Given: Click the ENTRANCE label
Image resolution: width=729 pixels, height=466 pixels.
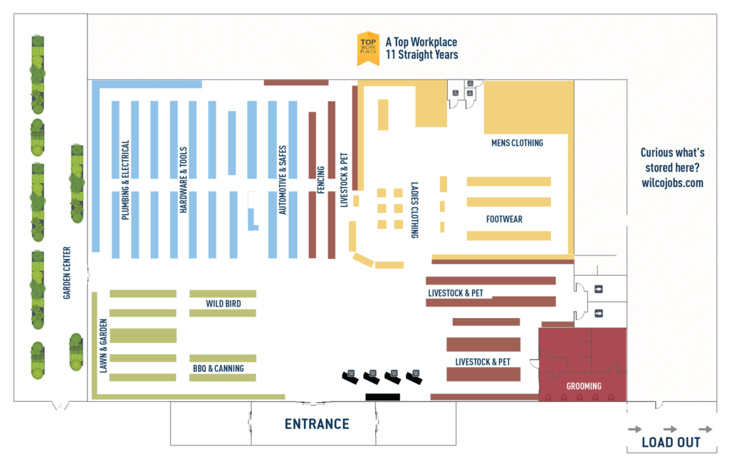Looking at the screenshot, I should pyautogui.click(x=317, y=424).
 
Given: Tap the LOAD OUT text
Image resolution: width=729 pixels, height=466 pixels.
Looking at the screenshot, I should pyautogui.click(x=671, y=442).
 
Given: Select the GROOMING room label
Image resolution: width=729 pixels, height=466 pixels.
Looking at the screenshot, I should pyautogui.click(x=584, y=386).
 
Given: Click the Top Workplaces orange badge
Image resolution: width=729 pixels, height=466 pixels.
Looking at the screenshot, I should pyautogui.click(x=367, y=48).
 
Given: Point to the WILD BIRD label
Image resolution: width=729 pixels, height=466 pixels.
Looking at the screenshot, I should pyautogui.click(x=223, y=304).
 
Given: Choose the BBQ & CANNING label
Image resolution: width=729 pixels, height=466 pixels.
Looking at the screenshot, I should pyautogui.click(x=218, y=369).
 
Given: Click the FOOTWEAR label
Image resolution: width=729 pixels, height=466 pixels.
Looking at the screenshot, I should pyautogui.click(x=504, y=219).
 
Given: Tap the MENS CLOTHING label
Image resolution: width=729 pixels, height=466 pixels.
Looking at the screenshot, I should pyautogui.click(x=517, y=143).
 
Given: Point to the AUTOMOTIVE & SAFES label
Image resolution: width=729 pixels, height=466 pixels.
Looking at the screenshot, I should pyautogui.click(x=282, y=180).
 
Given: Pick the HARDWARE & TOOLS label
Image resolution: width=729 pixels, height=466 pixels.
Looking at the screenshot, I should pyautogui.click(x=183, y=181).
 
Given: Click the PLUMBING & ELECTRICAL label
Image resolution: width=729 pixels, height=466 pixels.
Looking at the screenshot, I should pyautogui.click(x=125, y=179).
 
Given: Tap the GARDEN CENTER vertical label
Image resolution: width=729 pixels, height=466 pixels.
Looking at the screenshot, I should pyautogui.click(x=67, y=272).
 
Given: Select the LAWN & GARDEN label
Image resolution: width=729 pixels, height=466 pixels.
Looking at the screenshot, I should pyautogui.click(x=103, y=344).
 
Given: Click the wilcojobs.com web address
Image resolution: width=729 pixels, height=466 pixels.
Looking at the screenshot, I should pyautogui.click(x=672, y=183).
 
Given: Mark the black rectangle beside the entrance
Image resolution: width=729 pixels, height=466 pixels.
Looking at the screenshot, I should pyautogui.click(x=382, y=396).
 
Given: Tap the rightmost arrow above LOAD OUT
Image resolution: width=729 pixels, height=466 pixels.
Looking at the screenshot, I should pyautogui.click(x=705, y=429).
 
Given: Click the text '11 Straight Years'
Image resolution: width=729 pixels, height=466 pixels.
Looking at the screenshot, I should pyautogui.click(x=421, y=55).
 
